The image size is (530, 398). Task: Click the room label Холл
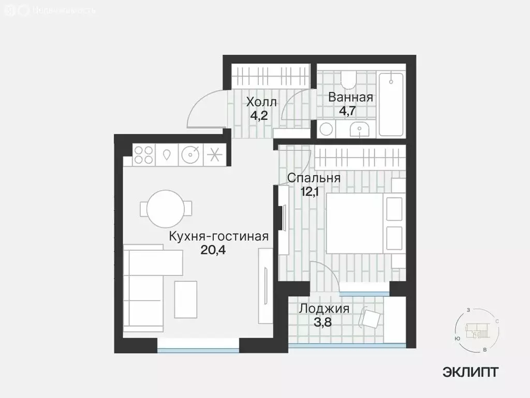pyautogui.click(x=261, y=102)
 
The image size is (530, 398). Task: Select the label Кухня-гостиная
pyautogui.click(x=218, y=237)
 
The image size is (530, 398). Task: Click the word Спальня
pyautogui.click(x=314, y=178)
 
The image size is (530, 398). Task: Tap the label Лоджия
pyautogui.click(x=324, y=309)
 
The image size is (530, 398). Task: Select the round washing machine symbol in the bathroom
pyautogui.click(x=327, y=129)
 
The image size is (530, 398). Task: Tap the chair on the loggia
pyautogui.click(x=371, y=317)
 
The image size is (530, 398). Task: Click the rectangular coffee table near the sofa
pyautogui.click(x=186, y=299)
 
